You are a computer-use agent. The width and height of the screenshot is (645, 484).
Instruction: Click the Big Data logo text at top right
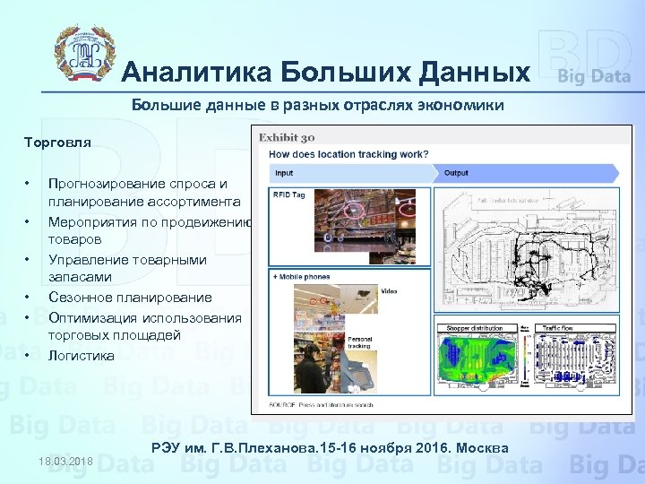[x=594, y=76]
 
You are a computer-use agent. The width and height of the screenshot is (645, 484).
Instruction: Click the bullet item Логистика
[x=82, y=356]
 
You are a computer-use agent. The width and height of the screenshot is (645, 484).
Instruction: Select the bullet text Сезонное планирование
[x=130, y=298]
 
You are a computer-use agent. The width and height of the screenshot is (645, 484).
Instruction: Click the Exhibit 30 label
[x=287, y=138]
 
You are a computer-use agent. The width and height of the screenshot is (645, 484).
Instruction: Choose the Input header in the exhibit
[x=284, y=173]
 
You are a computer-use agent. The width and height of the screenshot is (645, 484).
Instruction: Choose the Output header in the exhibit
[x=457, y=173]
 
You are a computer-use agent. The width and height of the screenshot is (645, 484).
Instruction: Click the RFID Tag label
[x=289, y=194]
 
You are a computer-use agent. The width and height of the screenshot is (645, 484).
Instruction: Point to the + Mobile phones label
[x=302, y=277]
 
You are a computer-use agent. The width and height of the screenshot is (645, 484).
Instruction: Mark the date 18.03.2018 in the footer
[x=65, y=461]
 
